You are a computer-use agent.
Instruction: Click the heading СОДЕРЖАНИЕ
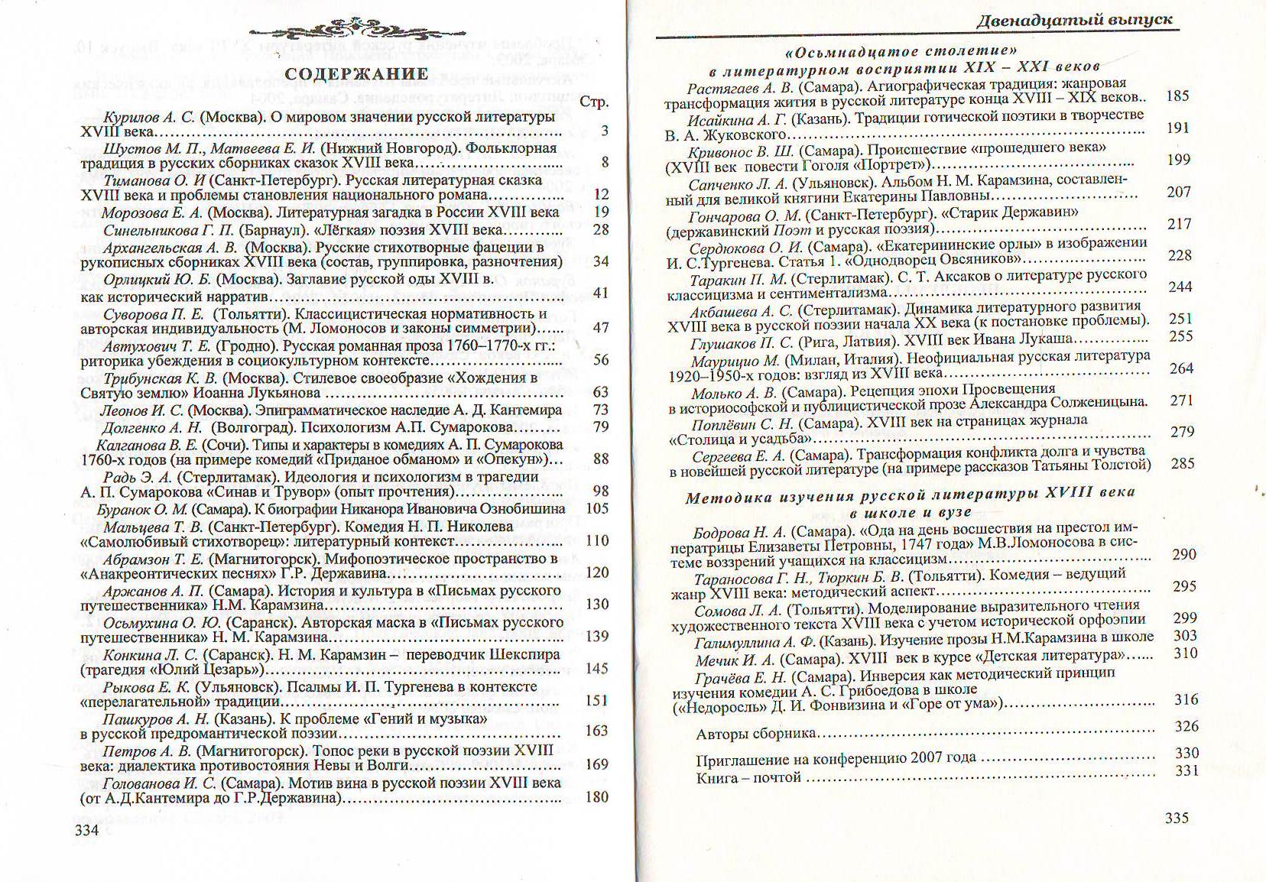click(x=356, y=74)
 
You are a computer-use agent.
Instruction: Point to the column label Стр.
click(x=594, y=102)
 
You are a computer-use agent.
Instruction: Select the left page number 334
click(x=87, y=830)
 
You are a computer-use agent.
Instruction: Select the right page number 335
click(x=1177, y=818)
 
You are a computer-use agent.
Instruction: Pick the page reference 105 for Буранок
click(x=597, y=508)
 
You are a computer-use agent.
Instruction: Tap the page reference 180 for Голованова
click(x=596, y=797)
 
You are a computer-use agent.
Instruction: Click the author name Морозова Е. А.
click(x=150, y=212)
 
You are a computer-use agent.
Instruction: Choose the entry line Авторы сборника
click(x=755, y=734)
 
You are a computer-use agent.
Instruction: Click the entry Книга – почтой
click(x=748, y=778)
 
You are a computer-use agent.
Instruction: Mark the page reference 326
click(x=1186, y=726)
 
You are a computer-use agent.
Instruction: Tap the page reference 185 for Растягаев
click(x=1177, y=96)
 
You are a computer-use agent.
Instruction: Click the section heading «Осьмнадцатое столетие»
click(x=901, y=52)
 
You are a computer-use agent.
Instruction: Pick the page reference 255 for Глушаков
click(x=1180, y=336)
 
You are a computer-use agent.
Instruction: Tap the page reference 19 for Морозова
click(x=602, y=212)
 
